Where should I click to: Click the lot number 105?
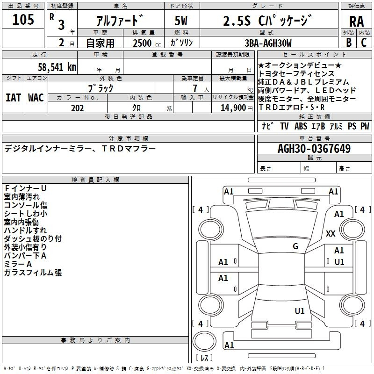pyautogui.click(x=23, y=20)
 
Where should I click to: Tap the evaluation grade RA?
pyautogui.click(x=356, y=22)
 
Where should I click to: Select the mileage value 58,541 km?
pyautogui.click(x=57, y=67)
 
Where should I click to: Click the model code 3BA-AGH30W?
pyautogui.click(x=268, y=43)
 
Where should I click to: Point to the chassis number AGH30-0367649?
pyautogui.click(x=314, y=149)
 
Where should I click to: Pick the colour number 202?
pyautogui.click(x=77, y=108)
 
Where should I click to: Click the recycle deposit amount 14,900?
pyautogui.click(x=233, y=108)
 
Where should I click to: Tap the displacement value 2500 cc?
pyautogui.click(x=147, y=43)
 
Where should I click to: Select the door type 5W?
pyautogui.click(x=181, y=21)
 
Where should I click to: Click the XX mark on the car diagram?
pyautogui.click(x=331, y=233)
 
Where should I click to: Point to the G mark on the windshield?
pyautogui.click(x=295, y=246)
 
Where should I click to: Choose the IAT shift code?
pyautogui.click(x=13, y=98)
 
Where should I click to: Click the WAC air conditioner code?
pyautogui.click(x=36, y=98)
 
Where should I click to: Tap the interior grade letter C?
pyautogui.click(x=364, y=43)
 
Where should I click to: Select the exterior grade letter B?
pyautogui.click(x=349, y=43)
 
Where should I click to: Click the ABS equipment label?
pyautogui.click(x=301, y=126)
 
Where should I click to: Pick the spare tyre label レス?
pyautogui.click(x=204, y=358)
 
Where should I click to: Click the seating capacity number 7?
pyautogui.click(x=195, y=88)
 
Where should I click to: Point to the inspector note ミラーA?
pyautogui.click(x=18, y=264)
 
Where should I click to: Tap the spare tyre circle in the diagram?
pyautogui.click(x=204, y=341)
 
